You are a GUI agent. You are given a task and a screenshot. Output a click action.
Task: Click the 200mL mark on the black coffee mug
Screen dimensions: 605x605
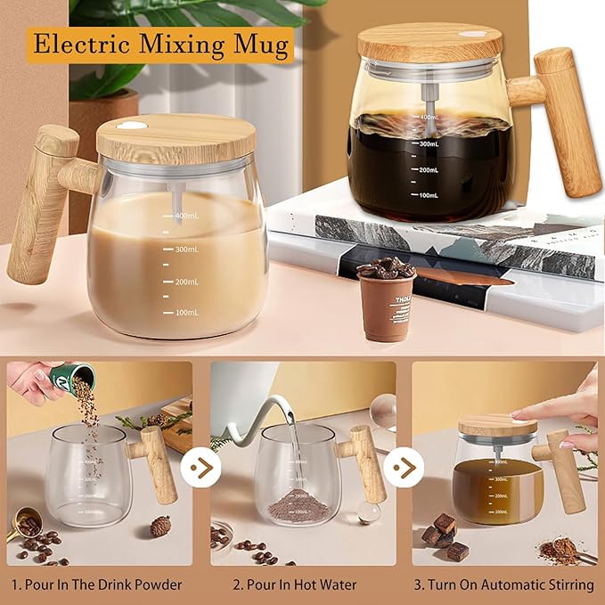429,169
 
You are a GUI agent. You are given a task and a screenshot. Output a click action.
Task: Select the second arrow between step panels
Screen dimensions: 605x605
407,468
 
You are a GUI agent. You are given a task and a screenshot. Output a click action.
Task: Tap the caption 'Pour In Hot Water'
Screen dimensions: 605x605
294,585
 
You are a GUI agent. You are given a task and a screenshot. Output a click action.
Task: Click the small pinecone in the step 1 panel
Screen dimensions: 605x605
160,526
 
